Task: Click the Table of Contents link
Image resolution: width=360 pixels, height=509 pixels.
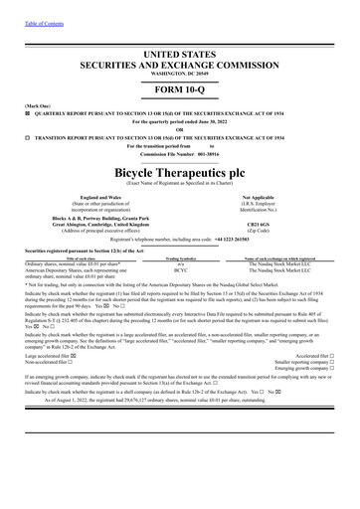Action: click(25, 7)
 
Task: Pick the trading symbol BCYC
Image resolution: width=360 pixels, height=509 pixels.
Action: click(180, 269)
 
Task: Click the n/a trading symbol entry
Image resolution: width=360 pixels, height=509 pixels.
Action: click(180, 261)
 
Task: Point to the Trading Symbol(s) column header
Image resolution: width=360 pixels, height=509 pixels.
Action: click(180, 254)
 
